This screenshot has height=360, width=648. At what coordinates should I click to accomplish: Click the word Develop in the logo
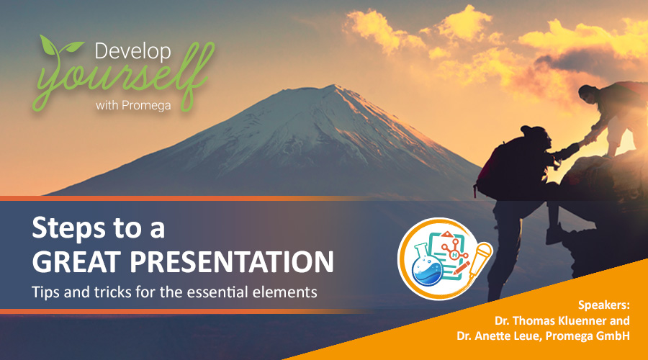coord(132,52)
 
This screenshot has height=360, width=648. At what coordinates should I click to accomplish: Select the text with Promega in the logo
coord(133,105)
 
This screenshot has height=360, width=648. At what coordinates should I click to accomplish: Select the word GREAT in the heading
coord(76,261)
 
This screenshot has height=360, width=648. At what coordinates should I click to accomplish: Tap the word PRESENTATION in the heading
coord(231,261)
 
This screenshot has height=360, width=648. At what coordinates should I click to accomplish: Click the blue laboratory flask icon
coord(427,267)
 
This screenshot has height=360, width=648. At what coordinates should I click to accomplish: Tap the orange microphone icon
coord(479,259)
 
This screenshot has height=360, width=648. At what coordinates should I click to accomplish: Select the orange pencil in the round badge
coord(462,267)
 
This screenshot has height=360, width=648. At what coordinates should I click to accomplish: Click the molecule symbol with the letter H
coord(454,250)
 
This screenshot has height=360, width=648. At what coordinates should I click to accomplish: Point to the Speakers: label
coord(604,305)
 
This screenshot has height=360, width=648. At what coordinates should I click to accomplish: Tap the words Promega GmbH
coord(588,336)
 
